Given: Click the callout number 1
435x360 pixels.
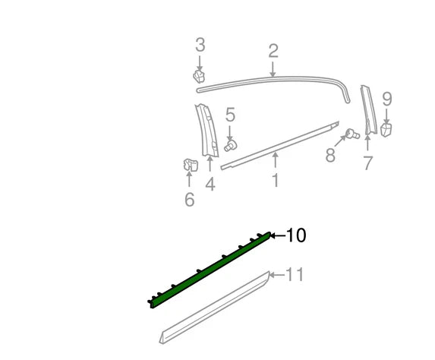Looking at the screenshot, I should [275, 181].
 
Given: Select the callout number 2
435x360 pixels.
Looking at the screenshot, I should [273, 51].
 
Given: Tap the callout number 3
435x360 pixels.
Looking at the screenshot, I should [200, 45].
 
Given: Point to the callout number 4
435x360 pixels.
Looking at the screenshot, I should [210, 184].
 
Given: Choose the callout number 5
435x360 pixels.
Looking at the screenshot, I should [230, 115].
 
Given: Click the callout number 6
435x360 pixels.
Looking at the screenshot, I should [189, 200].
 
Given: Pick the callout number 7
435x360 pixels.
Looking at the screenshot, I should [367, 163].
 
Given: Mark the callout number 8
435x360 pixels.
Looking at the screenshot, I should [330, 156].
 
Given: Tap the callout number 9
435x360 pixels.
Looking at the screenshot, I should [386, 99].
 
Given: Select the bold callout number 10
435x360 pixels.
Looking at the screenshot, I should [296, 236].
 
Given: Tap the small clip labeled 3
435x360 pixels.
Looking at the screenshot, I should [200, 76].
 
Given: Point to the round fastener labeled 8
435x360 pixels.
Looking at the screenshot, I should [351, 134].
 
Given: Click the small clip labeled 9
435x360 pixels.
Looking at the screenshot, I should [386, 129].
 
